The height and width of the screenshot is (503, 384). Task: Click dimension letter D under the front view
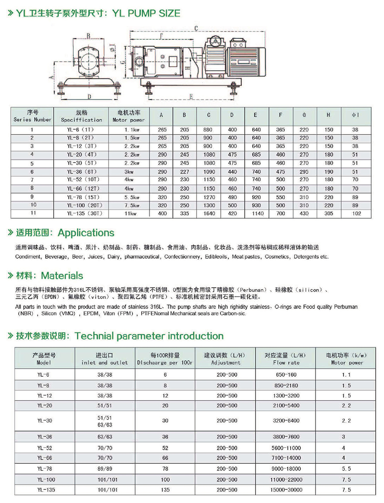(x=89, y=96)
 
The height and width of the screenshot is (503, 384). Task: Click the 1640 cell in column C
(x=209, y=213)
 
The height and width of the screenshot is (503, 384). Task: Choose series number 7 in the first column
(x=32, y=180)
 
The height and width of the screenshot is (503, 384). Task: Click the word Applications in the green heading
(x=86, y=232)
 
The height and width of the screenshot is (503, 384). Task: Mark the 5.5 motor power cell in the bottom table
(x=346, y=469)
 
